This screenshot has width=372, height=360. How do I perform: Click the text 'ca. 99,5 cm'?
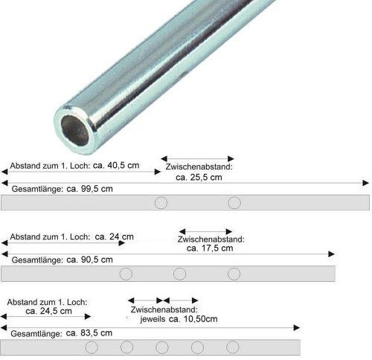tap(89, 188)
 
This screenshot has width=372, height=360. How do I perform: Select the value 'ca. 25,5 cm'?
tap(198, 178)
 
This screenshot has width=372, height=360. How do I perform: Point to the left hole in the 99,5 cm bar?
tap(161, 203)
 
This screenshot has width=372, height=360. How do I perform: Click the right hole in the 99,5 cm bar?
tap(234, 203)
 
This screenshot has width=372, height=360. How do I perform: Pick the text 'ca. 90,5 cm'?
tap(89, 260)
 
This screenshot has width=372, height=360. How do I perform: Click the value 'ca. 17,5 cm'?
tap(210, 248)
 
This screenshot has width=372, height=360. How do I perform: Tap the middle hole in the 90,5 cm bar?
tap(179, 274)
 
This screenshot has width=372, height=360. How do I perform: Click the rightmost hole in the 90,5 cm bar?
tap(234, 274)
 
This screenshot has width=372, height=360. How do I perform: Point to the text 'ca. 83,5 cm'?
tap(89, 332)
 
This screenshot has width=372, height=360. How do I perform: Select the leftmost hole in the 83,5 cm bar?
tap(92, 347)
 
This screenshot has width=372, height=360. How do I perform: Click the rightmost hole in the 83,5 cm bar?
tap(233, 347)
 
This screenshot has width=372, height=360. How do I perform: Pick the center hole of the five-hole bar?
tap(162, 347)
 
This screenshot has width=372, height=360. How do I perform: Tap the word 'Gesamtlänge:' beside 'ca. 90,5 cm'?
tap(32, 260)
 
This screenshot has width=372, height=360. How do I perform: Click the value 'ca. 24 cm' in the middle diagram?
tap(116, 237)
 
